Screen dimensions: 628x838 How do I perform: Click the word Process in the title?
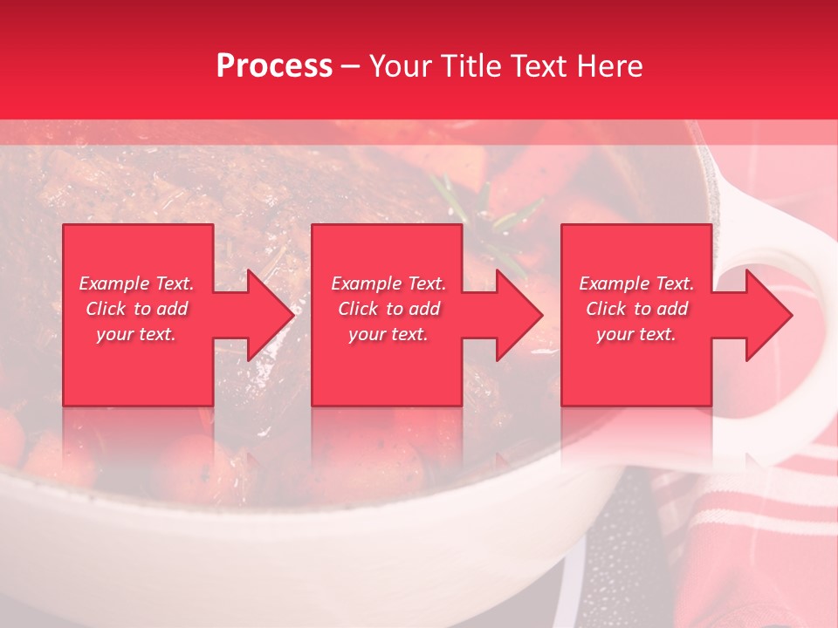point(274,66)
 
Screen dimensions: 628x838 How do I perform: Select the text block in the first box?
point(137,309)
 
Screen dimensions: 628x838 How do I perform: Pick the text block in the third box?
point(636,309)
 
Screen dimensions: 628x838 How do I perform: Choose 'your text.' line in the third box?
point(636,334)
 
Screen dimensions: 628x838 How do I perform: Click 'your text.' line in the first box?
point(136,334)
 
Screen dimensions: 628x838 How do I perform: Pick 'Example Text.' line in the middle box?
point(388,283)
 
